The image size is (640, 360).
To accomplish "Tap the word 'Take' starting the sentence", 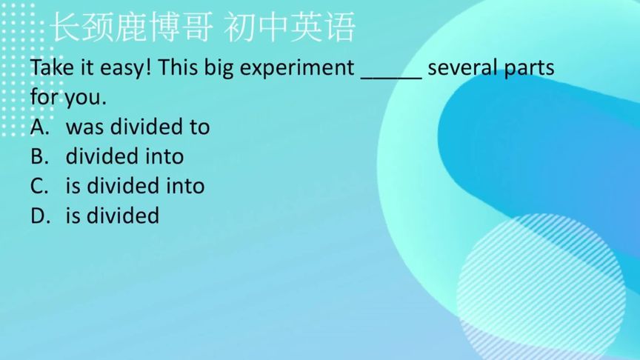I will (x=50, y=67).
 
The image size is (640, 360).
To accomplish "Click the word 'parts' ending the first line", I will (x=528, y=68).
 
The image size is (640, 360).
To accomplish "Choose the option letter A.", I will (x=39, y=127).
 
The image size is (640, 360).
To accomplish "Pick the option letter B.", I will (x=39, y=156).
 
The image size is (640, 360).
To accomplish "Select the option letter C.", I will (x=39, y=186).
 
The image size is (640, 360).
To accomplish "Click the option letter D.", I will (x=39, y=216).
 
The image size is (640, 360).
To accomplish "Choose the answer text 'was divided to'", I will (x=138, y=127).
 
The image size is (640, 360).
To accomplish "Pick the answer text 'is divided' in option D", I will (x=113, y=216).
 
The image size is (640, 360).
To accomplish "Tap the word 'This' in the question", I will (x=178, y=67).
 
